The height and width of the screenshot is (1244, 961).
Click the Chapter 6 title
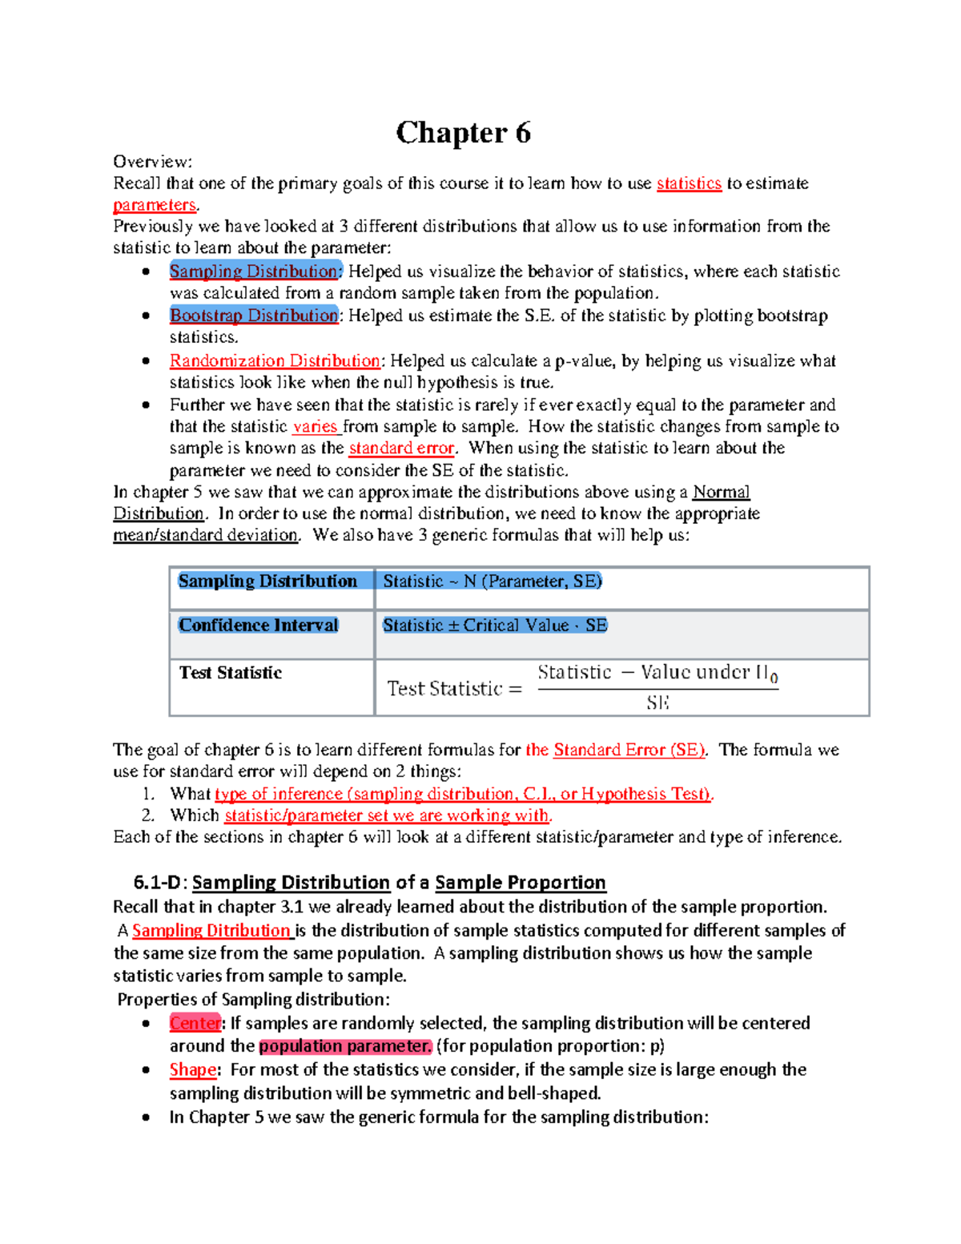463,133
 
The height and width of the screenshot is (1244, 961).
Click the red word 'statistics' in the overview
689,183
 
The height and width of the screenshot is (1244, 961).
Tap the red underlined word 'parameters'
155,205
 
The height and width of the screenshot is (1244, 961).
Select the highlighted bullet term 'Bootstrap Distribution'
254,316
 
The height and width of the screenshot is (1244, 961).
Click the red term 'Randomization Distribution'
275,361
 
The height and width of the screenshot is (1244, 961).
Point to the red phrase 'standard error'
401,449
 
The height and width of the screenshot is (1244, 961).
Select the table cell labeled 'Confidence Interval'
258,626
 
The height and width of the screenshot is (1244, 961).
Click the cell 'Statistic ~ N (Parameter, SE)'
492,582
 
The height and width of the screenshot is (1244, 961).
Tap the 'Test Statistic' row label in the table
231,673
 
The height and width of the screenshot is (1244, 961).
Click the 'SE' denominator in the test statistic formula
657,703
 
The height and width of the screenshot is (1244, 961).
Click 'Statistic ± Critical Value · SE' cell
494,626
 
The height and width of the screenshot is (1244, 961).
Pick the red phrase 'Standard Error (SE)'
629,751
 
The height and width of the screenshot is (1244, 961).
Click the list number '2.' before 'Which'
147,815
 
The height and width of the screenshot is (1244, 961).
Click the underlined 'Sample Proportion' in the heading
520,883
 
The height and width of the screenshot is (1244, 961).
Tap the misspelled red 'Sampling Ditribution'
211,931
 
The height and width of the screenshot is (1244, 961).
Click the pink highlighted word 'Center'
195,1024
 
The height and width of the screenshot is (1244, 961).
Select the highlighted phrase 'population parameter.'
345,1046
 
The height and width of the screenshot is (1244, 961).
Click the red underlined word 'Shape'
192,1070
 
